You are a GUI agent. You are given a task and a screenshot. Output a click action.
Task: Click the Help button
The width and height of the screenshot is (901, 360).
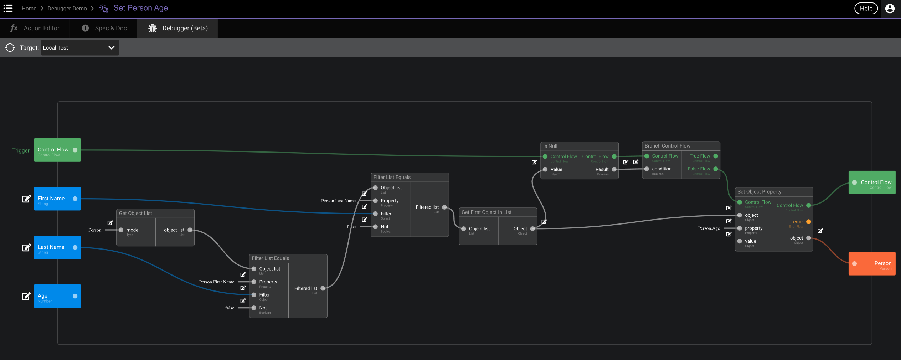click(866, 9)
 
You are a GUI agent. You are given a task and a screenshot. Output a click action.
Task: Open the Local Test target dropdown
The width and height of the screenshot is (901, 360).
click(80, 48)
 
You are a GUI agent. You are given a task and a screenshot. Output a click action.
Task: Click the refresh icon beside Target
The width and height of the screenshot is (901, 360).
click(10, 48)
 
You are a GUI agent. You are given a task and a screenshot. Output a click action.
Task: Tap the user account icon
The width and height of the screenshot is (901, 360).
click(890, 9)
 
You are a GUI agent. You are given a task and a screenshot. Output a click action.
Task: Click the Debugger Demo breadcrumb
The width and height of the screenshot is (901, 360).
click(67, 9)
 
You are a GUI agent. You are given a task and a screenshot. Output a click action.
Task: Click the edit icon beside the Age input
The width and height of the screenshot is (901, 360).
click(26, 296)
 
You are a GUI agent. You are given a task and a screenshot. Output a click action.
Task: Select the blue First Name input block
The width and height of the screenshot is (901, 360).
click(57, 199)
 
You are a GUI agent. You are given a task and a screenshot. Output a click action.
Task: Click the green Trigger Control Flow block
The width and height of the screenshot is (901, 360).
click(57, 150)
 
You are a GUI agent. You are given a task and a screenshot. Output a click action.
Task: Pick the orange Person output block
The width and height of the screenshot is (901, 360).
click(872, 264)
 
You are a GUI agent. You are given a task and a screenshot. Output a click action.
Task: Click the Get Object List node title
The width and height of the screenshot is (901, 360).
click(135, 213)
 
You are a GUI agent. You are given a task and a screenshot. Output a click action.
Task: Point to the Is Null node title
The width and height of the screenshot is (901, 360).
click(550, 146)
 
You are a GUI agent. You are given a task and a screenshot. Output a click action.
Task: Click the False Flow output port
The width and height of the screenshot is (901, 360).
click(716, 169)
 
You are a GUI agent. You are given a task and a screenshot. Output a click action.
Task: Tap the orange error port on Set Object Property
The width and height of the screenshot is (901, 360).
click(809, 222)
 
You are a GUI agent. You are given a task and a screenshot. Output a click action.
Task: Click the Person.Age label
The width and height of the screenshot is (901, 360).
click(709, 228)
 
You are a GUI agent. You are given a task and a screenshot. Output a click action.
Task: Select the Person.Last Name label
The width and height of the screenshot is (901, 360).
click(338, 201)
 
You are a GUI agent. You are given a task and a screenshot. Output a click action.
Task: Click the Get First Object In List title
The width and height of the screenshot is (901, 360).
click(486, 212)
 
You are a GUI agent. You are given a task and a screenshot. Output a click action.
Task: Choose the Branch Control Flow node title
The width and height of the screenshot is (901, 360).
click(667, 146)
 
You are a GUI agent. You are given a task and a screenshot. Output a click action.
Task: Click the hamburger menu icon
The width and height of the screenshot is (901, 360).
click(8, 9)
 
